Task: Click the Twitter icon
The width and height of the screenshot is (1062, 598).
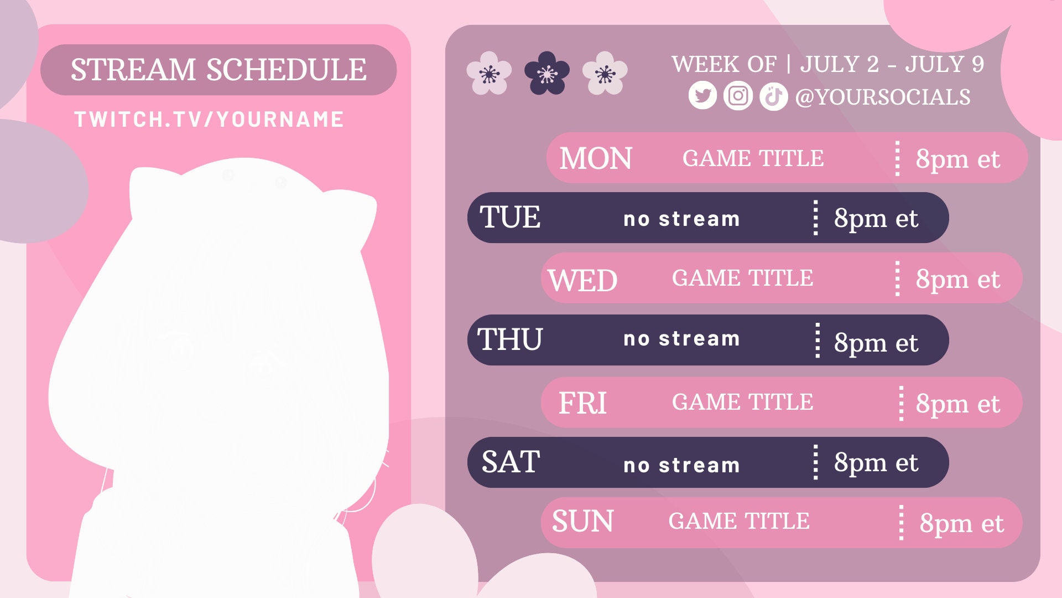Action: click(702, 96)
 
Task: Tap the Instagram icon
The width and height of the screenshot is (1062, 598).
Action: click(738, 96)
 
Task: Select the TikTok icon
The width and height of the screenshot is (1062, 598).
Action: click(773, 96)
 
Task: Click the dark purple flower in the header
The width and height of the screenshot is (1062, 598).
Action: click(546, 73)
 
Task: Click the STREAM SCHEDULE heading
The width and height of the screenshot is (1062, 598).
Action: click(218, 70)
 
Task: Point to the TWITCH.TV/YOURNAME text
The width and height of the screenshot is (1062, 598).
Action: click(209, 120)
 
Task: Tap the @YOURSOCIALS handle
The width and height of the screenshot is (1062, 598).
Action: click(883, 97)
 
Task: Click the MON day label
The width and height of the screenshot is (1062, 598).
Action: click(595, 158)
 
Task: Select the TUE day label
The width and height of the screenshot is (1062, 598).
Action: click(510, 217)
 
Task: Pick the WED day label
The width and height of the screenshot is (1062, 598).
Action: click(582, 280)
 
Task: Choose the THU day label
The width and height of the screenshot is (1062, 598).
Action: click(510, 339)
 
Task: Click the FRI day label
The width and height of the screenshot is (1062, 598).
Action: click(582, 403)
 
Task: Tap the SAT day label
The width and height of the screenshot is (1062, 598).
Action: click(511, 462)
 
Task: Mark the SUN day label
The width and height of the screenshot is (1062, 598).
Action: click(582, 522)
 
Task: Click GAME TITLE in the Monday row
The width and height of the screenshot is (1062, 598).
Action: click(753, 158)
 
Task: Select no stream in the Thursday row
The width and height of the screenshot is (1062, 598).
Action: click(681, 339)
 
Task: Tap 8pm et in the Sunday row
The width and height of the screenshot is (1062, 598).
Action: click(961, 523)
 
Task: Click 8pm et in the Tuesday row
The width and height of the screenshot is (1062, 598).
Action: click(876, 218)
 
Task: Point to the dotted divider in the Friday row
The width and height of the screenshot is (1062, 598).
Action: click(901, 403)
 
